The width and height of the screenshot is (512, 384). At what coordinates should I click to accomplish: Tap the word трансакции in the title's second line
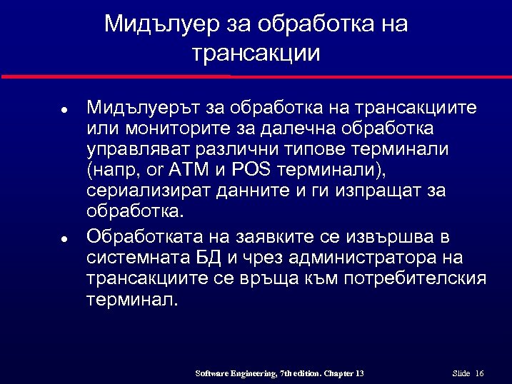tap(256, 54)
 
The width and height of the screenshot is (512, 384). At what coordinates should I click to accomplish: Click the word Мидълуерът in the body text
tap(144, 108)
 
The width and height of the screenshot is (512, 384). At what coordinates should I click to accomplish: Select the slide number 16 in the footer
tap(479, 374)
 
